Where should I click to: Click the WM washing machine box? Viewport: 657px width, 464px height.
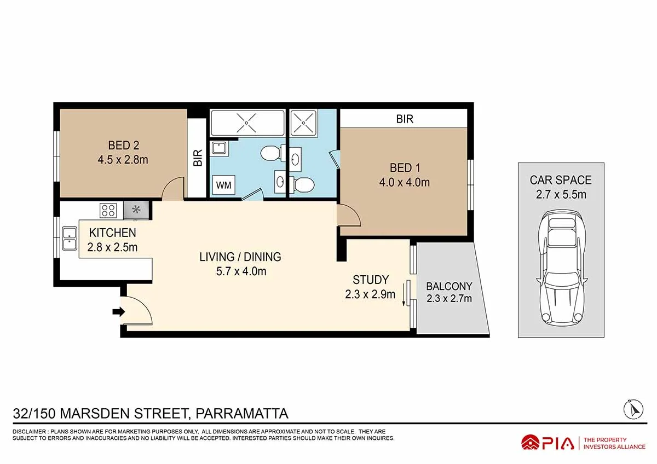tap(223, 185)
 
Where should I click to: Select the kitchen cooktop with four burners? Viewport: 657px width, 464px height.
tap(108, 210)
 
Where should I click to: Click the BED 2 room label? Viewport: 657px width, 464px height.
tap(123, 146)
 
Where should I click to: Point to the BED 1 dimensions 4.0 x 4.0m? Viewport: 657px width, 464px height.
tap(404, 182)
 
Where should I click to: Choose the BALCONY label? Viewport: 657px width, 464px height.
tap(449, 286)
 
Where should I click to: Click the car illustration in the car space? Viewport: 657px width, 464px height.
tap(561, 268)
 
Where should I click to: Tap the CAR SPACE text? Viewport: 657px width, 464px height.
tap(561, 180)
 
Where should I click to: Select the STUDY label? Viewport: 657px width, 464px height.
tap(370, 280)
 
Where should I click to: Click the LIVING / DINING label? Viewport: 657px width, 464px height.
tap(240, 257)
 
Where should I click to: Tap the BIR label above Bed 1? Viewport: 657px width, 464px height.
tap(405, 119)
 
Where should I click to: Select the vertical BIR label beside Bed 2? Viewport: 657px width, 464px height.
tap(198, 158)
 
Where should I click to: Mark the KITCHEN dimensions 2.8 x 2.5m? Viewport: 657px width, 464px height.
tap(112, 247)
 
